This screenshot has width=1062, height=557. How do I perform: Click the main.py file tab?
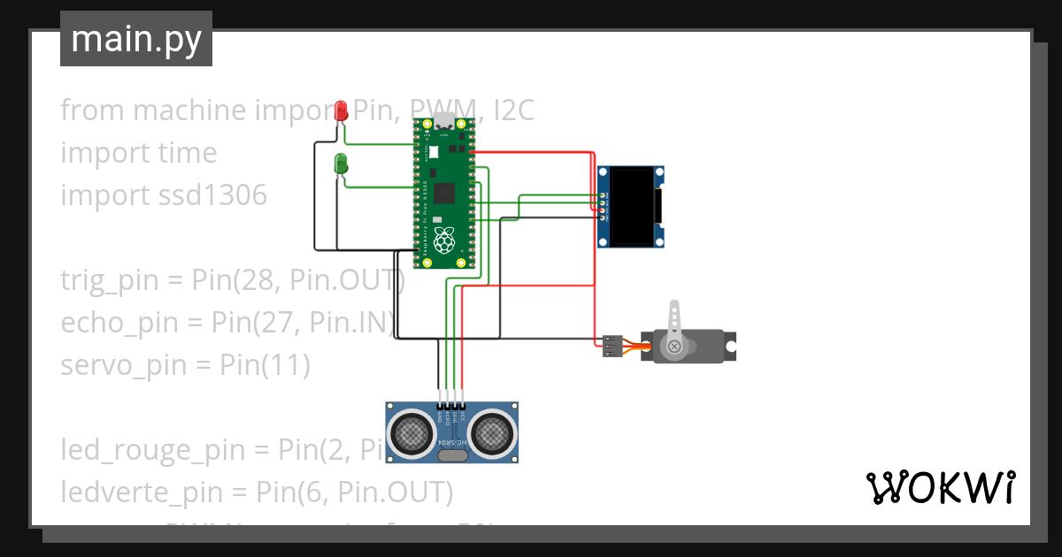135,40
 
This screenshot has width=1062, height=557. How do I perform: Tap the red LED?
342,111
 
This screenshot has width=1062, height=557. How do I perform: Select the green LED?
341,164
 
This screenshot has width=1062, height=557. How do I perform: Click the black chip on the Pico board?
443,192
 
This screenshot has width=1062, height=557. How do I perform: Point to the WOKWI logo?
940,487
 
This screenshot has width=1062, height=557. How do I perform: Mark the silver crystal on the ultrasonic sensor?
451,456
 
